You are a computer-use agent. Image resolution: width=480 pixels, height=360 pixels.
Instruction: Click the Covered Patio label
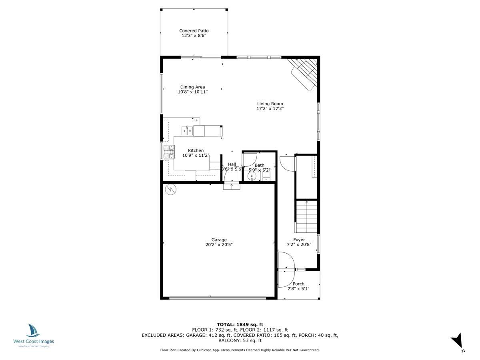pos(194,31)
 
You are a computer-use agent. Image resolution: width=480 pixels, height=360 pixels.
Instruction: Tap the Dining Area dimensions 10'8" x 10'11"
pos(193,92)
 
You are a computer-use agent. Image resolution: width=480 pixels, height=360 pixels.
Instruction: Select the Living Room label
pos(270,104)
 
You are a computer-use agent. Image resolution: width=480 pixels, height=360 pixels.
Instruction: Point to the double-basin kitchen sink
pos(187,130)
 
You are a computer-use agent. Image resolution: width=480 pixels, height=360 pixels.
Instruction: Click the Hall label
pos(232,164)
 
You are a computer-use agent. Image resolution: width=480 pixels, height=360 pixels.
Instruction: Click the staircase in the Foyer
pos(307,216)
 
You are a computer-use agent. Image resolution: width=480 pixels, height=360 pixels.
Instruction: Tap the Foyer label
pos(299,240)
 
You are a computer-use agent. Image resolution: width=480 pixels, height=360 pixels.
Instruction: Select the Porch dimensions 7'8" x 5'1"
pos(298,288)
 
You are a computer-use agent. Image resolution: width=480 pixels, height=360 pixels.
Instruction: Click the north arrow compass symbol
pos(457,341)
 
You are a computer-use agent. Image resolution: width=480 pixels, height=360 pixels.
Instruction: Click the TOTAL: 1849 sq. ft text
pos(240,324)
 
